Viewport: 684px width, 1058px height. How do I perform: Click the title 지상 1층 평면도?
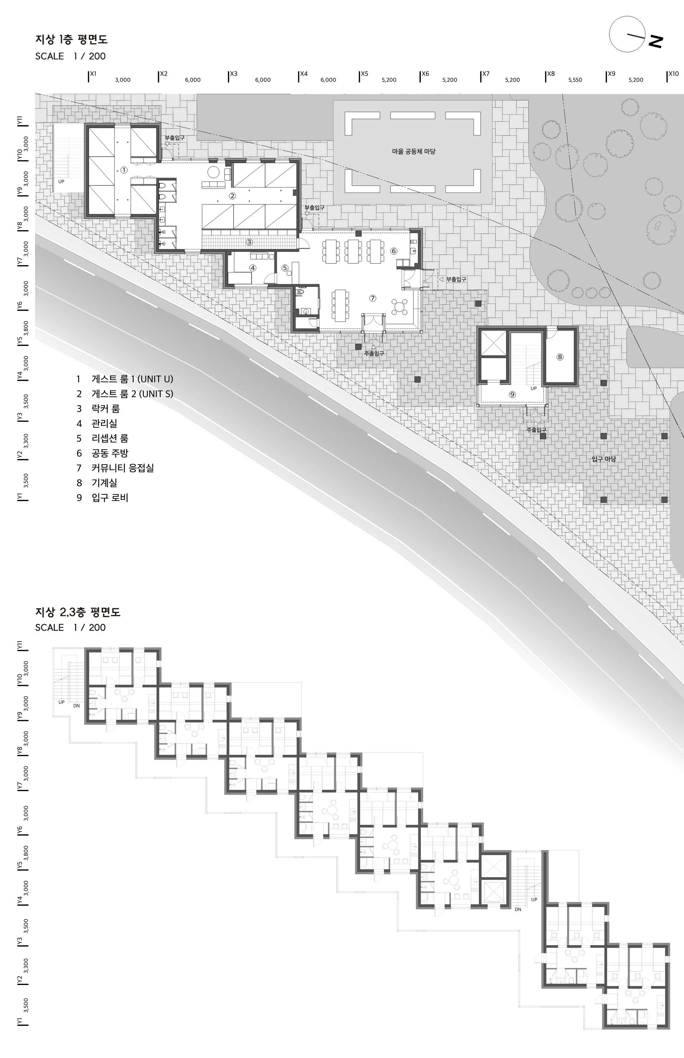[x=71, y=39]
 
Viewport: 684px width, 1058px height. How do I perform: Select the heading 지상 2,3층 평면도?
[x=78, y=612]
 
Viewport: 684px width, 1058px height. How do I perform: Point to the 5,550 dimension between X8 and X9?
[x=575, y=80]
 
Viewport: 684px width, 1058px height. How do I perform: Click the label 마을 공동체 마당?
[x=413, y=152]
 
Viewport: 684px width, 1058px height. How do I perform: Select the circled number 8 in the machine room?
[x=560, y=357]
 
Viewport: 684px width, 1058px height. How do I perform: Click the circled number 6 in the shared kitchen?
[x=393, y=251]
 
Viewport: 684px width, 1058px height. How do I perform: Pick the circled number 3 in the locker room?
[x=250, y=242]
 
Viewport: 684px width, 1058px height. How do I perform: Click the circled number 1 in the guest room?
[x=124, y=170]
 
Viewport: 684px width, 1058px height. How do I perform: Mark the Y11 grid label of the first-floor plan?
[x=19, y=121]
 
